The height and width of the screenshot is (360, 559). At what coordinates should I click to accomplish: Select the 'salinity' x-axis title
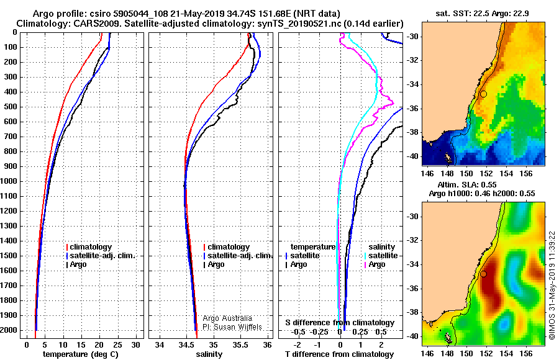pyautogui.click(x=209, y=354)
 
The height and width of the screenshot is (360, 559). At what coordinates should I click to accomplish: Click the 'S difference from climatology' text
pyautogui.click(x=339, y=323)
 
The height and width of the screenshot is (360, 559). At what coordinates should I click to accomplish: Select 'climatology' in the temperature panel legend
pyautogui.click(x=91, y=247)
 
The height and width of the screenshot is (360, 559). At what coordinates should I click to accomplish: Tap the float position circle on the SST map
pyautogui.click(x=483, y=94)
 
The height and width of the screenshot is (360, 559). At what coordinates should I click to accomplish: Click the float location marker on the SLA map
pyautogui.click(x=483, y=274)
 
